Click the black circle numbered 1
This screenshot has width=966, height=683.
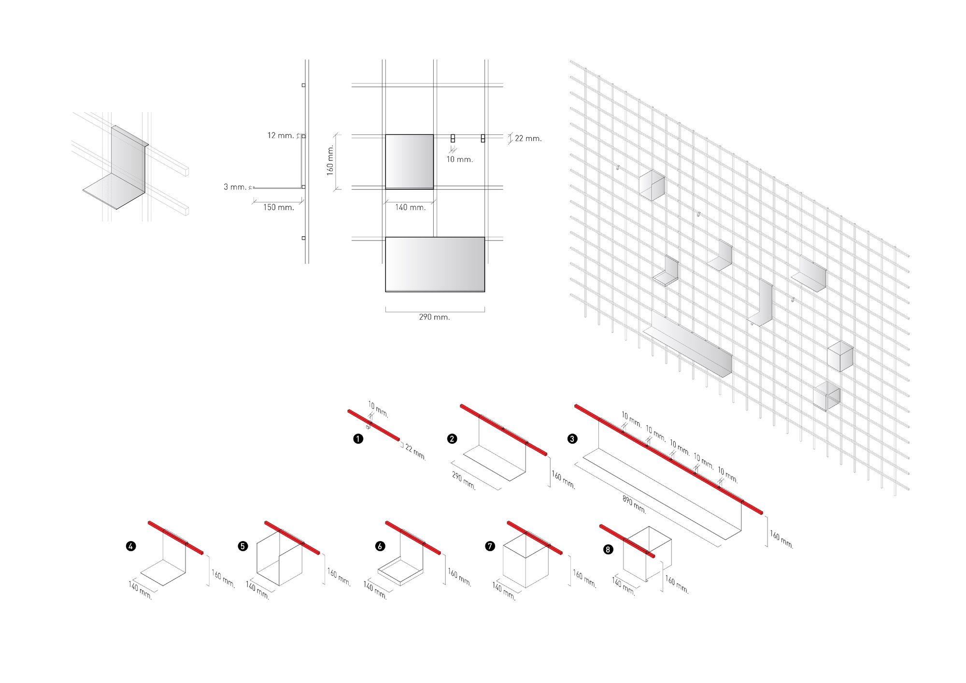pos(358,439)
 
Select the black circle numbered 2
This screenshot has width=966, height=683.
pos(452,439)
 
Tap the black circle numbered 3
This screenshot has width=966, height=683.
pos(572,439)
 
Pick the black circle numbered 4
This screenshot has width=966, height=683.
pos(130,546)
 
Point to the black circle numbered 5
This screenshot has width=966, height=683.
pos(243,546)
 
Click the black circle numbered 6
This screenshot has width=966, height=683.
pos(380,546)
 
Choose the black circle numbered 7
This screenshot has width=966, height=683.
pos(490,546)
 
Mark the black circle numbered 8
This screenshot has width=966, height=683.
pos(608,549)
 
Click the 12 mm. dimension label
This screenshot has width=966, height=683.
pos(281,135)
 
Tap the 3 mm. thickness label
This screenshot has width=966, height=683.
pos(235,187)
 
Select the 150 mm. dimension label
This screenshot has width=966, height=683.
pos(279,207)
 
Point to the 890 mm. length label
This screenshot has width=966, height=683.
pos(634,504)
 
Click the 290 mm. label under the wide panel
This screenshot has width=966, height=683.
pos(434,317)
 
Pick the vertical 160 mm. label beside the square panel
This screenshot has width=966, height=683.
pos(330,160)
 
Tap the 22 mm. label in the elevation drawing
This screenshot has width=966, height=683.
pos(528,139)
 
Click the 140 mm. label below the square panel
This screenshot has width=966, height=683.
pos(411,207)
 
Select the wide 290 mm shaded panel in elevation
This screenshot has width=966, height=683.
pos(435,264)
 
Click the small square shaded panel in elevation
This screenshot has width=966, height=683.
pos(409,161)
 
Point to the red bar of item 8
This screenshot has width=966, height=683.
pos(627,541)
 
